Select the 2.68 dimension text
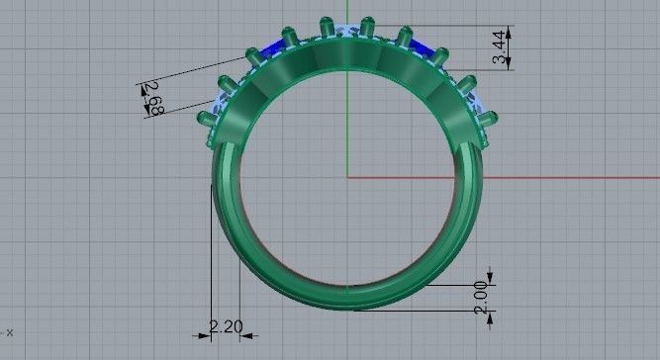pyautogui.click(x=153, y=100)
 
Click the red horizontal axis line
pyautogui.click(x=515, y=178)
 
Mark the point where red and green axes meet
pyautogui.click(x=347, y=178)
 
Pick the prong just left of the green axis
pyautogui.click(x=326, y=27)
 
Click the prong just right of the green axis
pyautogui.click(x=368, y=27)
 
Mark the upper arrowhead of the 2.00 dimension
pyautogui.click(x=492, y=278)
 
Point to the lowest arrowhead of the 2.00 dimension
pyautogui.click(x=492, y=315)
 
